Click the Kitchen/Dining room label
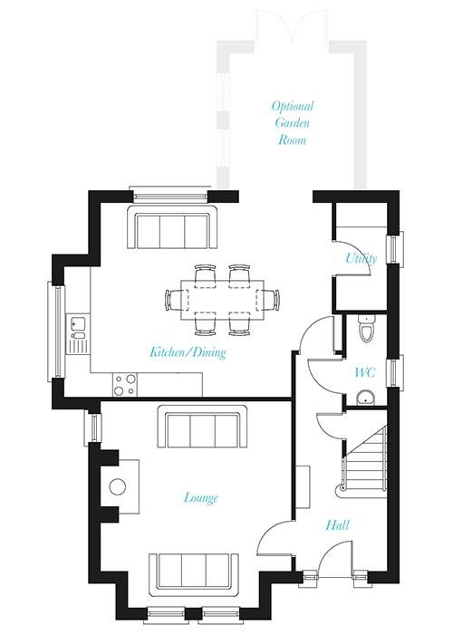tap(188, 352)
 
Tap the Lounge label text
tap(201, 498)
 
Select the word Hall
tap(337, 525)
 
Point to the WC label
tap(365, 372)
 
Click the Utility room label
tap(361, 258)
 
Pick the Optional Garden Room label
tap(293, 123)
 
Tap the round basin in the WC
tap(366, 398)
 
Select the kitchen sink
tap(77, 328)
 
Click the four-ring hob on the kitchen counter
tap(125, 385)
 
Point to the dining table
tap(223, 300)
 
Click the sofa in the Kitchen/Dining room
tap(173, 227)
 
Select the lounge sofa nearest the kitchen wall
tap(203, 427)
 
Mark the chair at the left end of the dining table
tap(173, 300)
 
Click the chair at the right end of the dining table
tap(272, 300)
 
